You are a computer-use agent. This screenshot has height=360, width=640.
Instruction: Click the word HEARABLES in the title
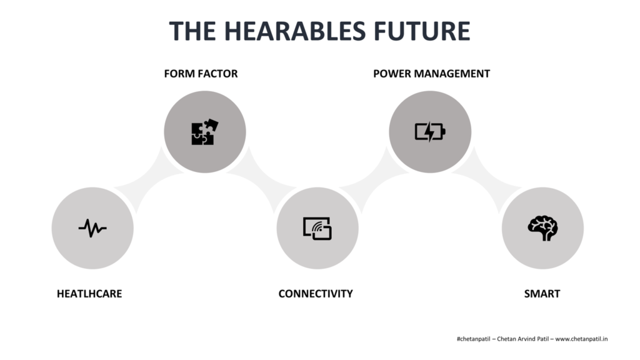click(295, 31)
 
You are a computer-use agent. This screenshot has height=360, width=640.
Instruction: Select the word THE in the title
click(192, 31)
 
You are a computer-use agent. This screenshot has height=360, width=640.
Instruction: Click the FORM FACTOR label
click(201, 74)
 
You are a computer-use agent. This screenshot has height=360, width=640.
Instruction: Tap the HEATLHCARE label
click(89, 294)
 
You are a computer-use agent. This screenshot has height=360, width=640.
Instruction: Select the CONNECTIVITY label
click(316, 294)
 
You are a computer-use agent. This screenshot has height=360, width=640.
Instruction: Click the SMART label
click(542, 294)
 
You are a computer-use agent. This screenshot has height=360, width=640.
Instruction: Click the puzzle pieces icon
click(204, 132)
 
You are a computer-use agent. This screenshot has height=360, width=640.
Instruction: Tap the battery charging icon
click(430, 132)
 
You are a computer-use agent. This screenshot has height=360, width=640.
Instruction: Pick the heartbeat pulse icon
click(92, 228)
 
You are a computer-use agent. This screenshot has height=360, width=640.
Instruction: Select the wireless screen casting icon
click(317, 228)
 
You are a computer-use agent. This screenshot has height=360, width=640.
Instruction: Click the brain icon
click(542, 228)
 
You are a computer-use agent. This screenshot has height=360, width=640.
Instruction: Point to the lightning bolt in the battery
click(429, 132)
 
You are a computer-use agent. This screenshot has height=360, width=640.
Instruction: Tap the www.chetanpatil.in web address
click(581, 339)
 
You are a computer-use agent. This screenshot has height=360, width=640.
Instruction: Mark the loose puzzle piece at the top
click(211, 124)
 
